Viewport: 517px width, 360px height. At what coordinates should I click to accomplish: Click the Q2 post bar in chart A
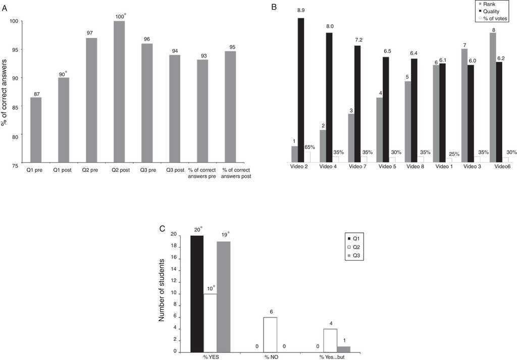[119, 93]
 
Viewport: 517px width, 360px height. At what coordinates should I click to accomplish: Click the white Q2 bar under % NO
[270, 334]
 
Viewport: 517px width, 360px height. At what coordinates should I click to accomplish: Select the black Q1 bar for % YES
[197, 293]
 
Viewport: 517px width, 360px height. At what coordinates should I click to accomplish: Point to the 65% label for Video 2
[310, 147]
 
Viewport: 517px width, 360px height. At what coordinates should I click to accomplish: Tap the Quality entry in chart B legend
[491, 11]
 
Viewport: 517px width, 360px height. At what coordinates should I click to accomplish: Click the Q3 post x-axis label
[176, 170]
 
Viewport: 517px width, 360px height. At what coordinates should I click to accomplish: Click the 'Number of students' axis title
[162, 290]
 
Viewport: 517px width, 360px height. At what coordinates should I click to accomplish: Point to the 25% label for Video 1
[454, 154]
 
